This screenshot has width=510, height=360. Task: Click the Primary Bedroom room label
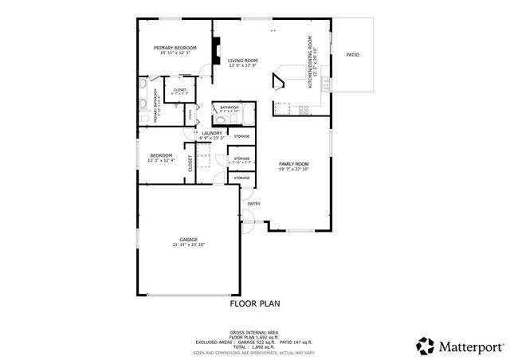point(175,48)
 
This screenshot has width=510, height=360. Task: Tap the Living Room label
point(242,61)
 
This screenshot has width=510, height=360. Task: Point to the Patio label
point(352,55)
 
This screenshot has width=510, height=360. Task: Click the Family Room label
point(293,163)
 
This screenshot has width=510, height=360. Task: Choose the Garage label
point(188,239)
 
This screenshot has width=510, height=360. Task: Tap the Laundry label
point(211,133)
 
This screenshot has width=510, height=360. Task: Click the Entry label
point(254,204)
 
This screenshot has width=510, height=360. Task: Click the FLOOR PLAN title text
point(255,303)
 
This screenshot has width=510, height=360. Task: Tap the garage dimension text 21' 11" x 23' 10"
point(188,245)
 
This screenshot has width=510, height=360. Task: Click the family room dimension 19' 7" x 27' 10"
point(293,169)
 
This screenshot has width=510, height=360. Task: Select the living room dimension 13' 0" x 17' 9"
point(242,66)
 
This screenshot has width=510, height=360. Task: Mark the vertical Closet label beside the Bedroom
point(190,164)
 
